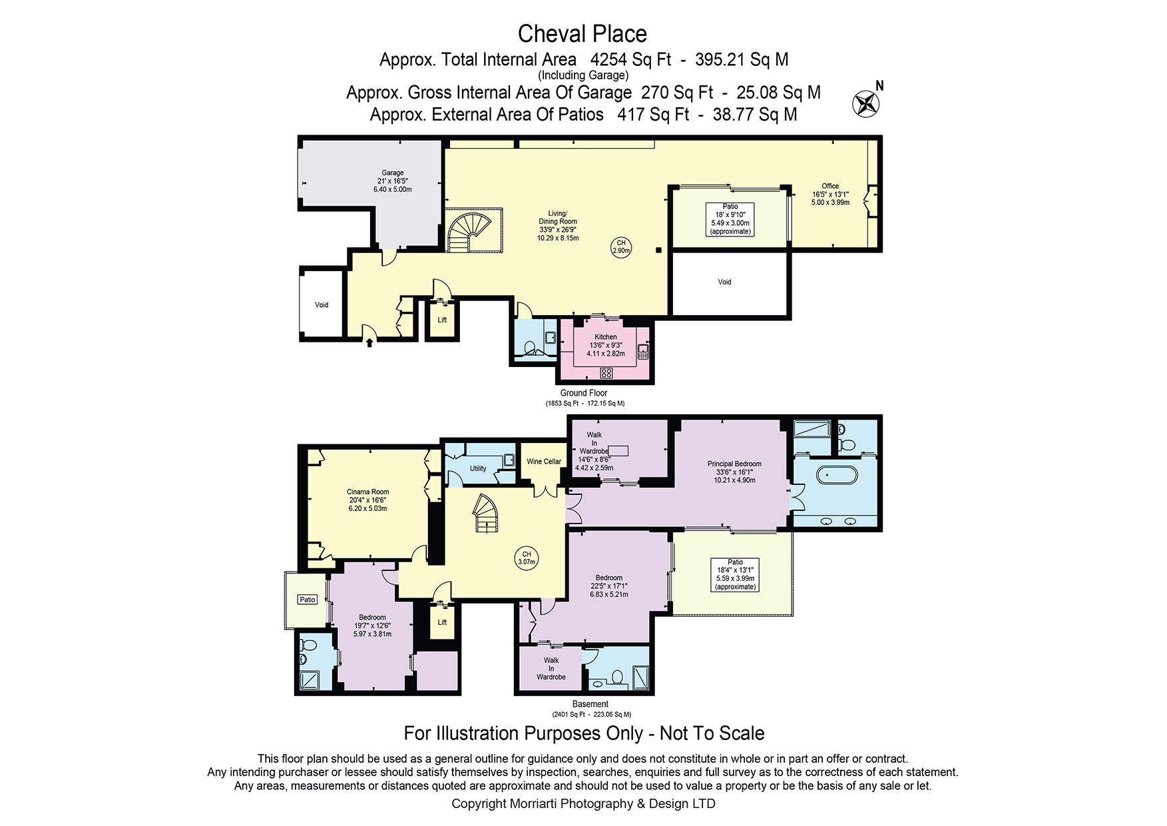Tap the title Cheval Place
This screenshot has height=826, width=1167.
(583, 34)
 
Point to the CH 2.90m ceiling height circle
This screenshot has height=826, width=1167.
(621, 247)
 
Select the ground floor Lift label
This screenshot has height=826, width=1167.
(442, 320)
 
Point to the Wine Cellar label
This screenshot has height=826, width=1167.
(544, 461)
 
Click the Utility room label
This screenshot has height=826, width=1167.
(478, 468)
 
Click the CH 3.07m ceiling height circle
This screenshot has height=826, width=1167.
(527, 558)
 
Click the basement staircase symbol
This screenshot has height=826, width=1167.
(485, 513)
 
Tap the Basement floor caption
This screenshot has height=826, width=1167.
(590, 704)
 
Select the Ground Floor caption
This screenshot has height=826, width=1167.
(584, 393)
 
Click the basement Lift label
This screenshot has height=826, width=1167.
(442, 622)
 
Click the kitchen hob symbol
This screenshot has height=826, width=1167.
(606, 373)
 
